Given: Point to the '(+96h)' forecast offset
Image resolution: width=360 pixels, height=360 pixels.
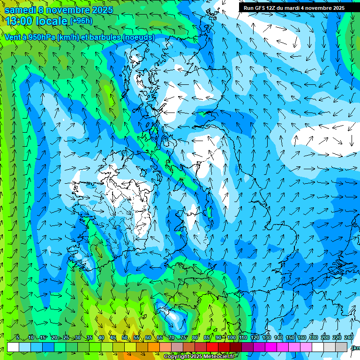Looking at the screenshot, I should tap(81, 21).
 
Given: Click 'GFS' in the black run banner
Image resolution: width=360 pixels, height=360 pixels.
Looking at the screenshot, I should tap(260, 8).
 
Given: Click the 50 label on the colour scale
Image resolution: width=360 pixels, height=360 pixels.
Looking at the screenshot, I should tap(125, 337).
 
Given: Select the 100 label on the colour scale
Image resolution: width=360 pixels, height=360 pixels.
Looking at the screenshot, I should tap(232, 337).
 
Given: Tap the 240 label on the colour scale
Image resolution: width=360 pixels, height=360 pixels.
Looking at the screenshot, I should tap(349, 337).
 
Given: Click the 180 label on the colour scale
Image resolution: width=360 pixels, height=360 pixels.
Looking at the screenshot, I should tap(313, 337).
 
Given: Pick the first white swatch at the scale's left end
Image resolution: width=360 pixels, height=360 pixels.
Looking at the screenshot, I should tap(13, 346).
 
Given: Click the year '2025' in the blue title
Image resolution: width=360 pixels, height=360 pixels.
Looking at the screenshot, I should tap(100, 9).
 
